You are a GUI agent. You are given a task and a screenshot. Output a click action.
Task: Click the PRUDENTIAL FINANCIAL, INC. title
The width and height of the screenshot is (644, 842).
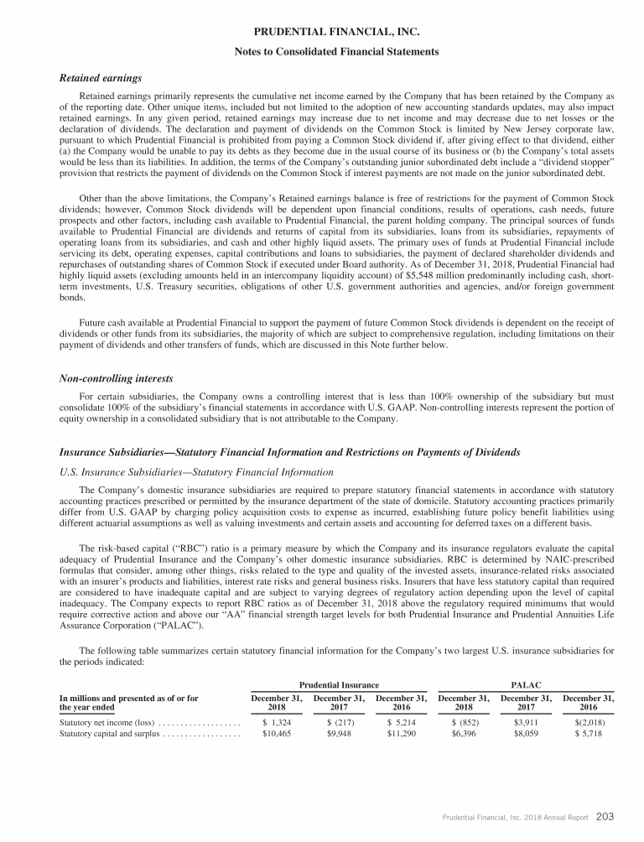point(322,33)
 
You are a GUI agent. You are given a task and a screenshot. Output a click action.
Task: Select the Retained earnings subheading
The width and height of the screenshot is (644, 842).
point(96,78)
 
